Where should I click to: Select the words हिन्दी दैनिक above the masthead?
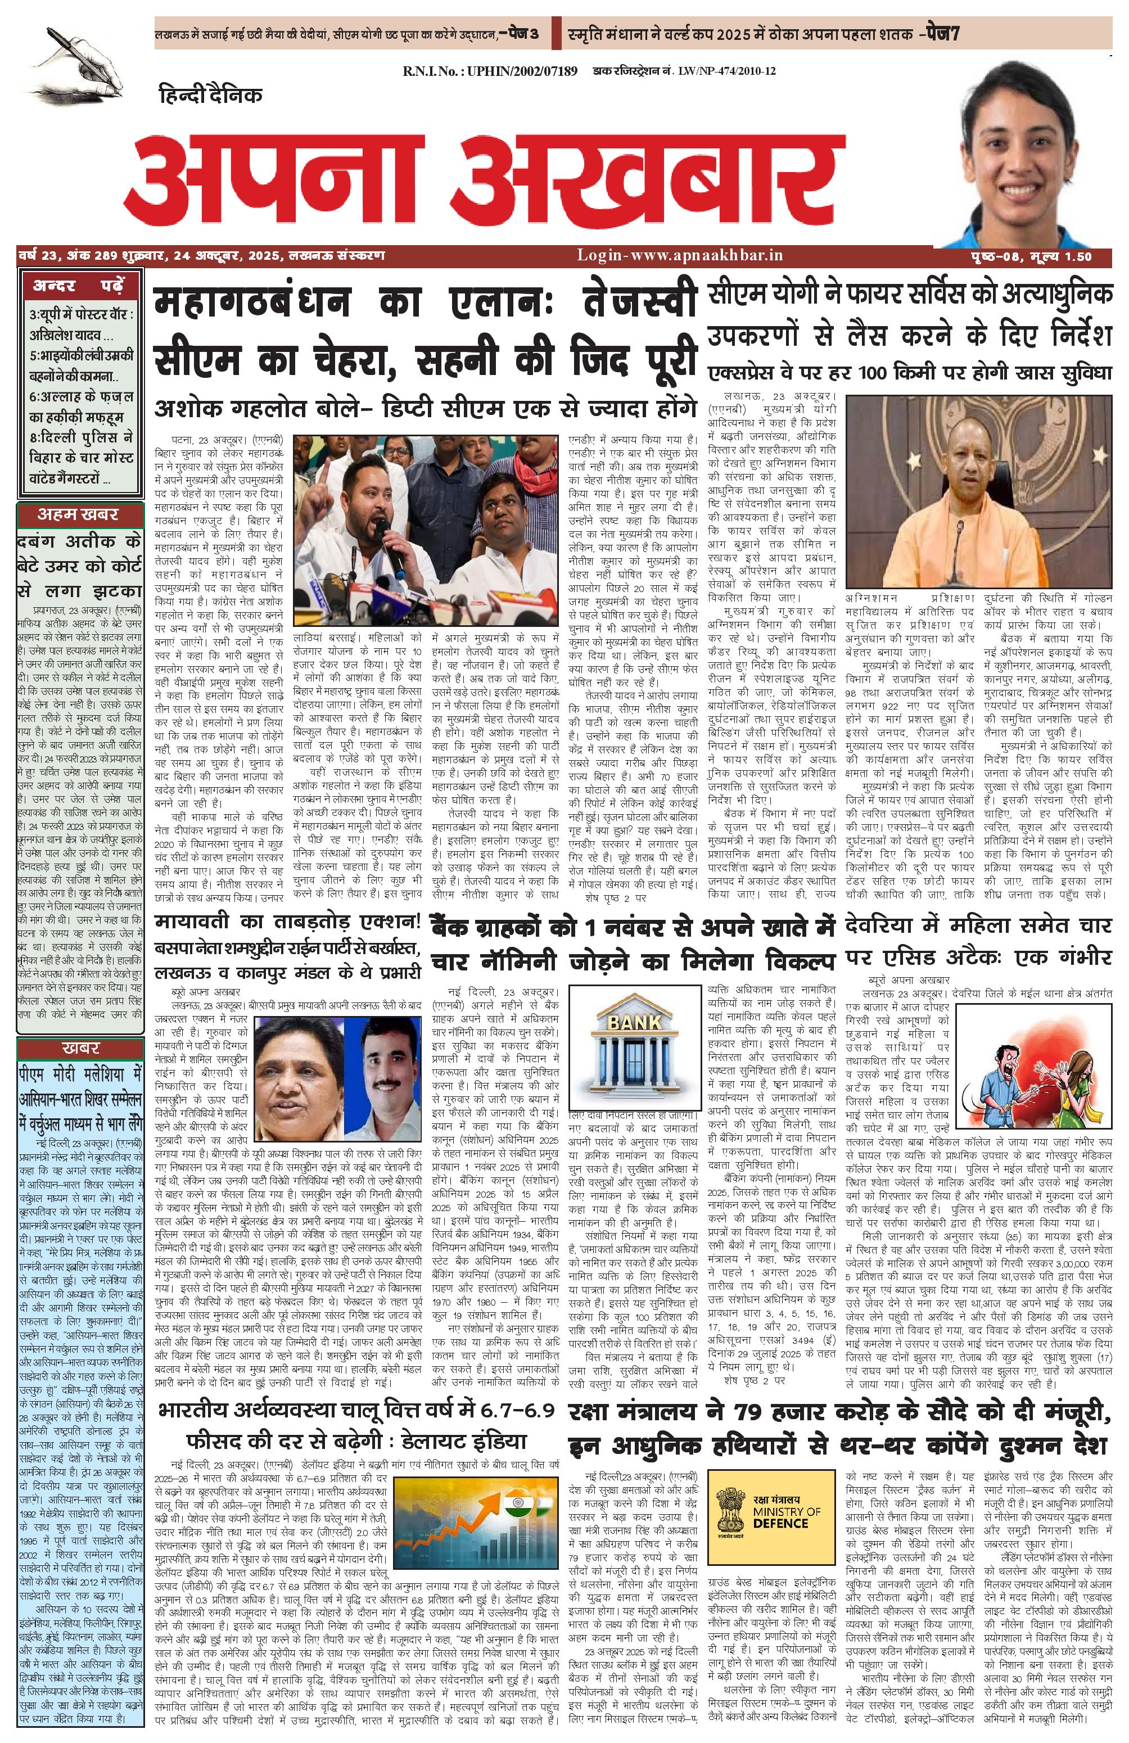pyautogui.click(x=210, y=95)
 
